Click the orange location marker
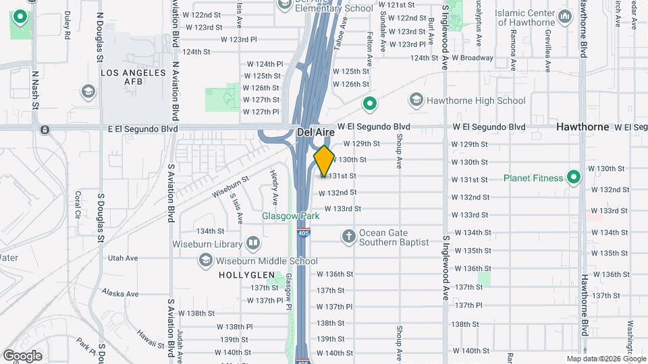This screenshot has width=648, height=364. (x=324, y=161)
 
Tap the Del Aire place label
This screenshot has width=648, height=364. (x=315, y=133)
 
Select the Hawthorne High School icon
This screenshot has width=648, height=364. (x=416, y=101)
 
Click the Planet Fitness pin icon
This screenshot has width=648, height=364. (x=574, y=178)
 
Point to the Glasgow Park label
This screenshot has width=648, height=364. (x=290, y=216)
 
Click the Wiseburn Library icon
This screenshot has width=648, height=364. (x=253, y=242)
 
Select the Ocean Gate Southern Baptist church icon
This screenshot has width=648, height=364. (x=348, y=236)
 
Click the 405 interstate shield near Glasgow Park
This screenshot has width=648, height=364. (x=303, y=233)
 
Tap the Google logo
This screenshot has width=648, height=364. (x=22, y=355)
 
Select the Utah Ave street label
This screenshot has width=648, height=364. (x=123, y=257)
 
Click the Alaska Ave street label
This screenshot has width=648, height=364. (x=120, y=293)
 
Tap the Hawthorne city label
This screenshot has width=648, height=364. (x=583, y=127)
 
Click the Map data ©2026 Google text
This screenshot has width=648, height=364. (x=605, y=359)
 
